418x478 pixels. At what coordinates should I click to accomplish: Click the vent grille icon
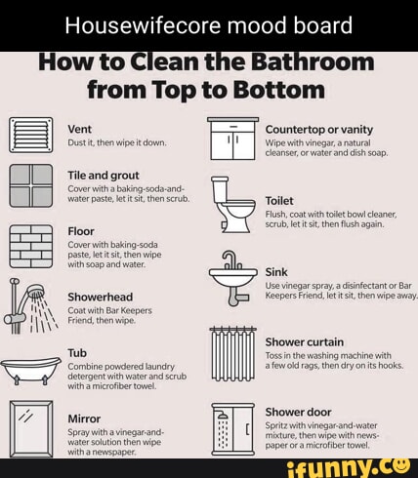29,134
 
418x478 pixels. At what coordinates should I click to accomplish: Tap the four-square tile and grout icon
29,185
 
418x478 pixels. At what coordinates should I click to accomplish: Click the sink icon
232,273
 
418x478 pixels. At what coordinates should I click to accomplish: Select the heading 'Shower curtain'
304,342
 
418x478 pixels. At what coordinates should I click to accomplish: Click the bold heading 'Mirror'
85,418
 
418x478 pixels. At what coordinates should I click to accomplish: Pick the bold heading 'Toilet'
279,199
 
